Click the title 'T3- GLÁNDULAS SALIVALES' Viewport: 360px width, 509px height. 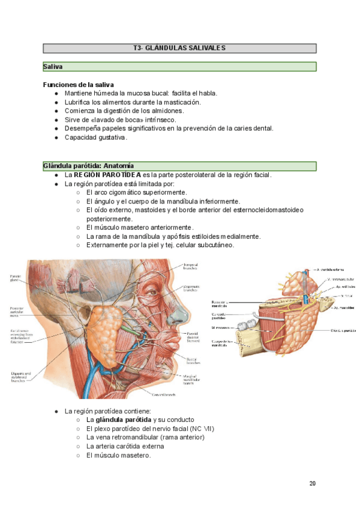click(179, 48)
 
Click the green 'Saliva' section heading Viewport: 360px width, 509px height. click(53, 67)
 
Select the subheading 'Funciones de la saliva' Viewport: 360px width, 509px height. click(79, 85)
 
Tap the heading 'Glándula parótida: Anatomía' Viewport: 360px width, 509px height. click(88, 166)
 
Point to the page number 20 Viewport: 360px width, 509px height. click(313, 483)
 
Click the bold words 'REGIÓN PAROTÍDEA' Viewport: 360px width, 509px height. click(108, 175)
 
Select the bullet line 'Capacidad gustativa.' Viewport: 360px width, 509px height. click(96, 137)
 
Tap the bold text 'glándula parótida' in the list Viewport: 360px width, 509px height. click(122, 420)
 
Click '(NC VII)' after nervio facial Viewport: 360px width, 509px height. click(202, 429)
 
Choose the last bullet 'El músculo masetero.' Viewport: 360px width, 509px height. click(118, 455)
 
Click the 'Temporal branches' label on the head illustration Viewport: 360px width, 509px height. click(191, 267)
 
